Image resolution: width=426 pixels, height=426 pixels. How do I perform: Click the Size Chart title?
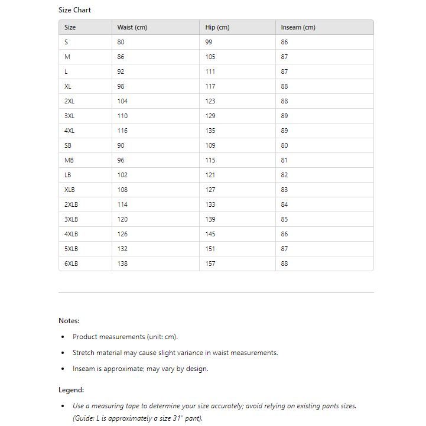click(74, 10)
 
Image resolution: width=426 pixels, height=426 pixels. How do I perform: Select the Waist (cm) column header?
click(132, 27)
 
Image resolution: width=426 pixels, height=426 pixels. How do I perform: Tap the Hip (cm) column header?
click(217, 27)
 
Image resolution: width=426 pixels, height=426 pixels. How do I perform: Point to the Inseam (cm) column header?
click(298, 27)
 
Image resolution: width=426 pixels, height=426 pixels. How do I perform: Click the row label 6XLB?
click(71, 264)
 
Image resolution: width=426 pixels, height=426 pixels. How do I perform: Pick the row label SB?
click(68, 145)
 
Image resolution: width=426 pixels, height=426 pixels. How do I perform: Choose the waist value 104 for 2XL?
click(122, 101)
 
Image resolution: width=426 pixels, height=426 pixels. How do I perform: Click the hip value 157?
click(210, 264)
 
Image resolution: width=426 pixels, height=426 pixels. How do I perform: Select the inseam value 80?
click(284, 145)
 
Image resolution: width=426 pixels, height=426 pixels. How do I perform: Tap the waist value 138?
click(122, 264)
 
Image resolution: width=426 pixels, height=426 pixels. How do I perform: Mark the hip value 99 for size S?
click(209, 42)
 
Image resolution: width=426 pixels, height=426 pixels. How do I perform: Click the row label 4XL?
click(70, 131)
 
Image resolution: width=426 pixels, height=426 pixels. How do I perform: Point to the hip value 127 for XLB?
click(210, 190)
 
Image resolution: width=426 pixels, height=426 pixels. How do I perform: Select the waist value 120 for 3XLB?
click(122, 219)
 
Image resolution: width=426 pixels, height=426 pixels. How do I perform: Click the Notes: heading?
click(69, 321)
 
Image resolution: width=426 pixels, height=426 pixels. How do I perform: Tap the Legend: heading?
click(71, 390)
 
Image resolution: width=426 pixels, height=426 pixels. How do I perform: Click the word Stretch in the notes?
click(83, 353)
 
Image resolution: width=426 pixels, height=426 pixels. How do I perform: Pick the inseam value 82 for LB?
click(284, 175)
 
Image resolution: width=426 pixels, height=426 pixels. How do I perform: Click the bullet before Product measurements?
click(63, 337)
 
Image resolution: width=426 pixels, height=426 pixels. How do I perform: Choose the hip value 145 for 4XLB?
click(210, 234)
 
